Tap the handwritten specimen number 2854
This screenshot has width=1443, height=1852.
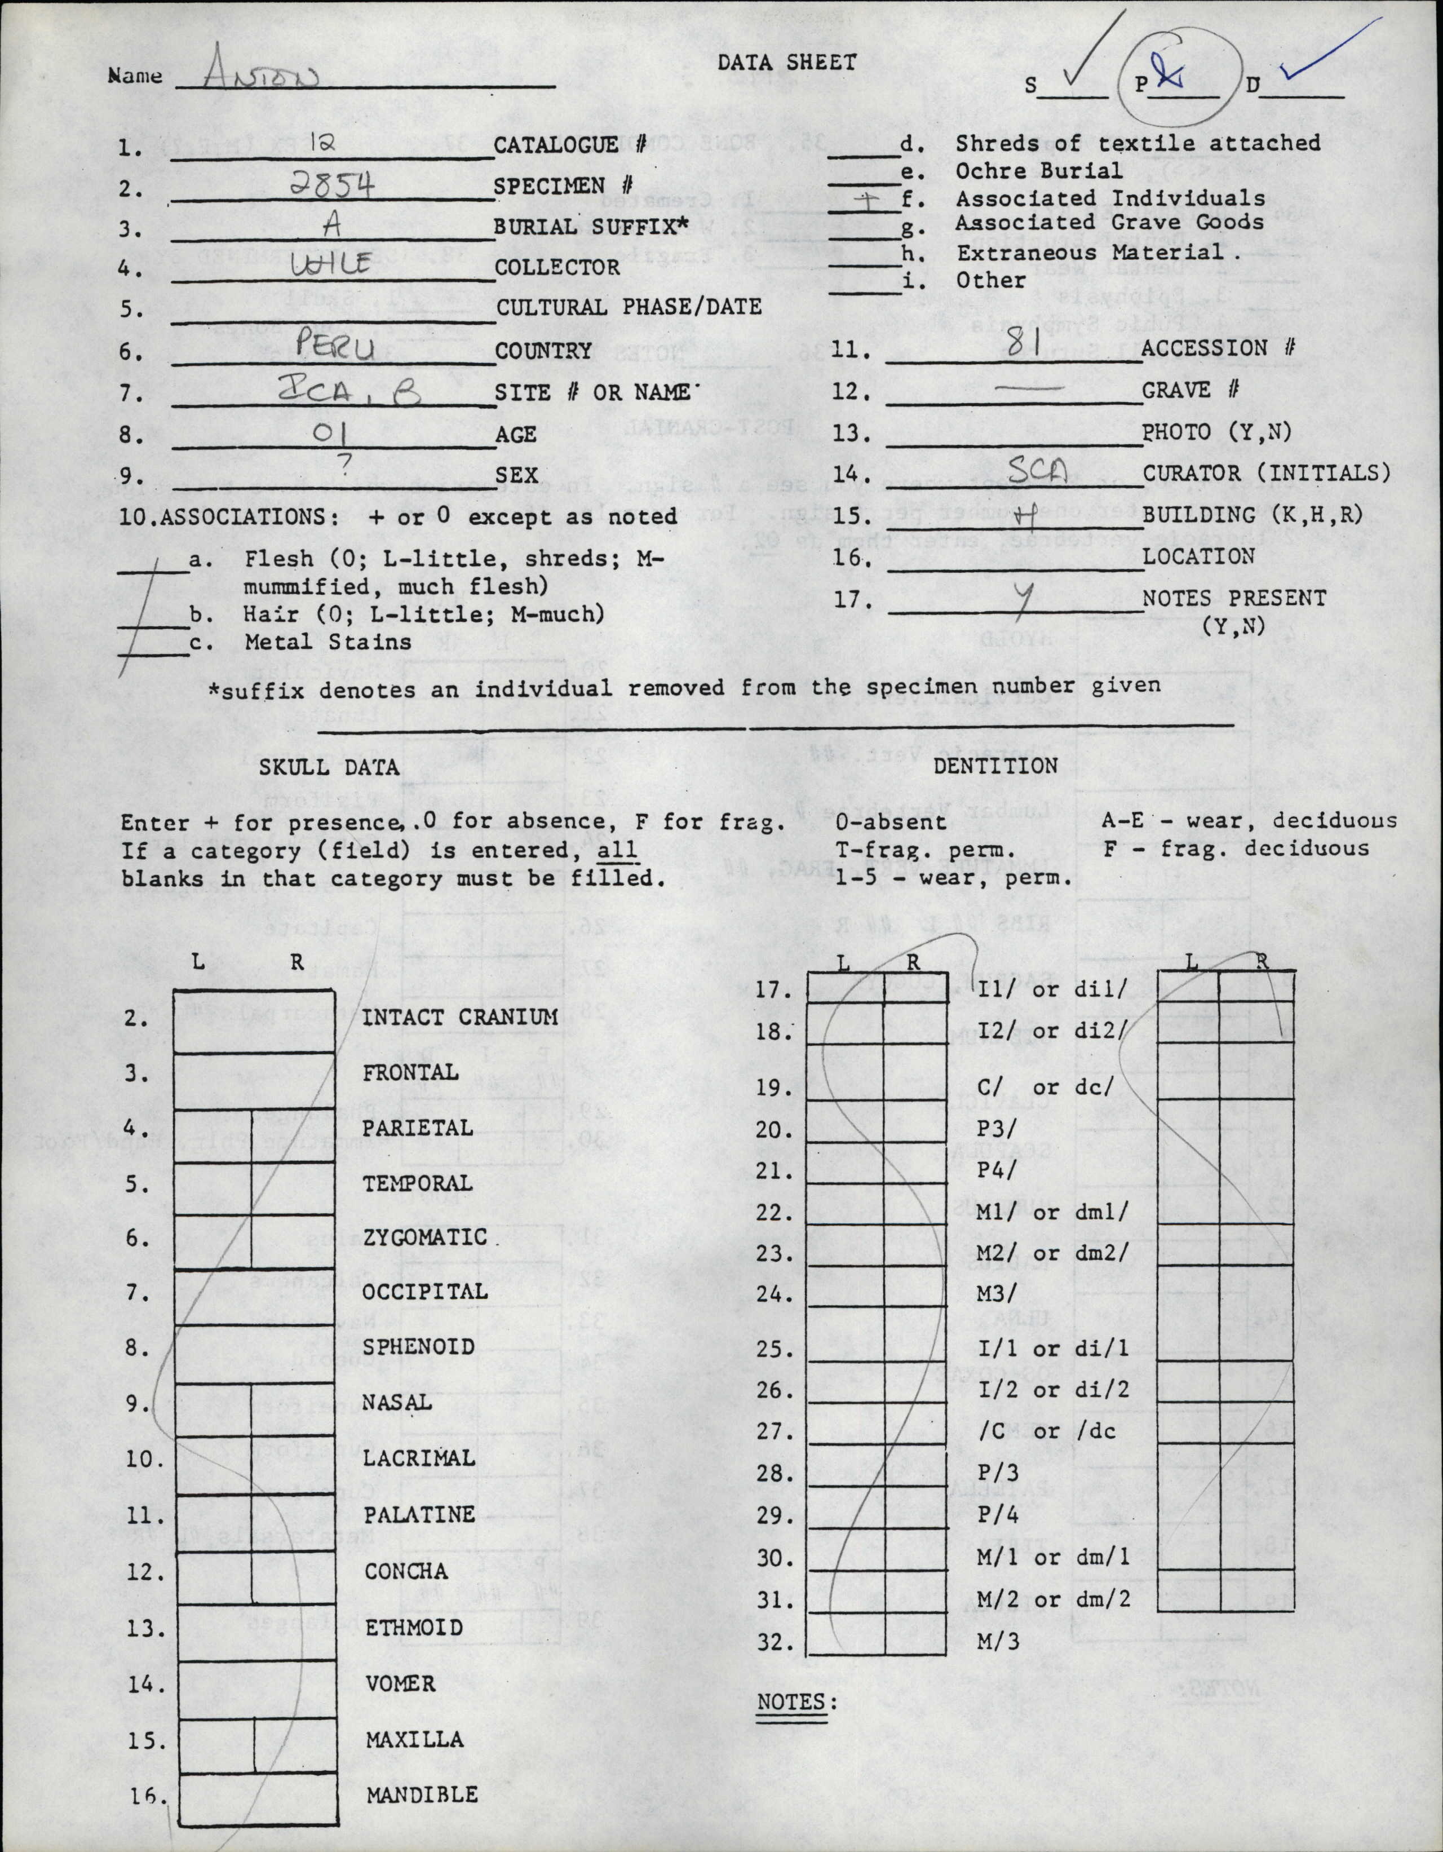point(333,185)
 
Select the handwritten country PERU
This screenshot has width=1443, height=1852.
point(331,347)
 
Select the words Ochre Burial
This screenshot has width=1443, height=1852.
point(1039,170)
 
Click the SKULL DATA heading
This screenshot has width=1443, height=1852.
point(329,767)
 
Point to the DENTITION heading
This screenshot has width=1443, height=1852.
point(995,766)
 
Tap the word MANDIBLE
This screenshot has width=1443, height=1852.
point(422,1794)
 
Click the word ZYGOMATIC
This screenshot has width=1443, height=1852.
point(425,1237)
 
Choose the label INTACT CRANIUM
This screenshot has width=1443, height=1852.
point(461,1016)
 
